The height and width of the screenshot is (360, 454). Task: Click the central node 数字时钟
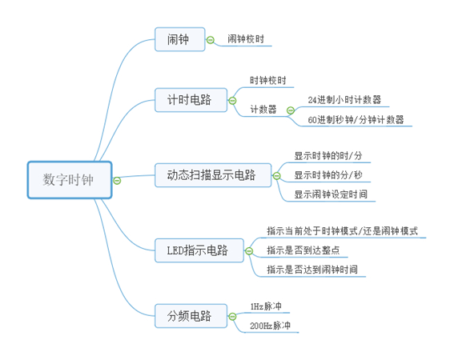68,180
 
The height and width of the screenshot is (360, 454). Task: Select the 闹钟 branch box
177,38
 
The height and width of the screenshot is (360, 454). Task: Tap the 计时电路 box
189,100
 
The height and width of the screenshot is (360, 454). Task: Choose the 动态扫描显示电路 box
211,175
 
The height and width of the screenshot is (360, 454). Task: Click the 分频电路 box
189,316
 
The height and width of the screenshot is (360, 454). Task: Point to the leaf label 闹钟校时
245,38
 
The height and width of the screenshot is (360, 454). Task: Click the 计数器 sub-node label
263,110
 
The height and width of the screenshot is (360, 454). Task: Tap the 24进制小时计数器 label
344,100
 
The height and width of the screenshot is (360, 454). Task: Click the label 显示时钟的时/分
328,155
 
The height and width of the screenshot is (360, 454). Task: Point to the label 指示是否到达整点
307,250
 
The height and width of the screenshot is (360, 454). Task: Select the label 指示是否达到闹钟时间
312,270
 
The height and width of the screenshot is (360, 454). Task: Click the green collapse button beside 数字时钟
117,180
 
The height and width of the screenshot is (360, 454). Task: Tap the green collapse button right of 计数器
288,110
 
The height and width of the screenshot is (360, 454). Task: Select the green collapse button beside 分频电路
232,316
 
